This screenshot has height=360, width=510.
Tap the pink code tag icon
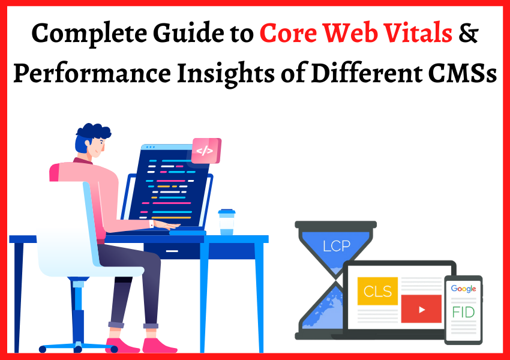coord(205,151)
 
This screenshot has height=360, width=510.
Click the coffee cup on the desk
coord(226,222)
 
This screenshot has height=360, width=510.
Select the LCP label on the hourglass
coord(335,246)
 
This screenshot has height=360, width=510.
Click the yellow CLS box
coord(377,291)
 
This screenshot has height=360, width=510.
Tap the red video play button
coord(421,310)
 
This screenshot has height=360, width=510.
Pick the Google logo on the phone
coord(463,289)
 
